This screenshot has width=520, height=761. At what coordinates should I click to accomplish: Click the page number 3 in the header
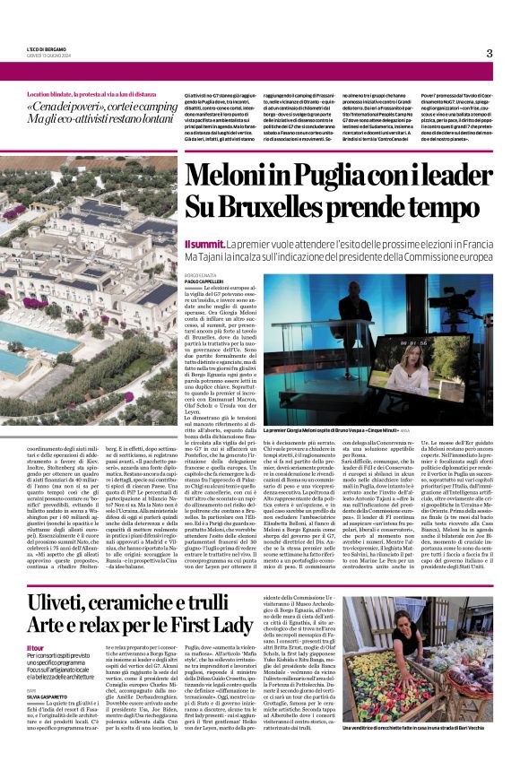(490, 53)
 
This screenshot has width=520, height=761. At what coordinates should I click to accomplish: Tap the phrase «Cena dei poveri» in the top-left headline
(62, 107)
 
